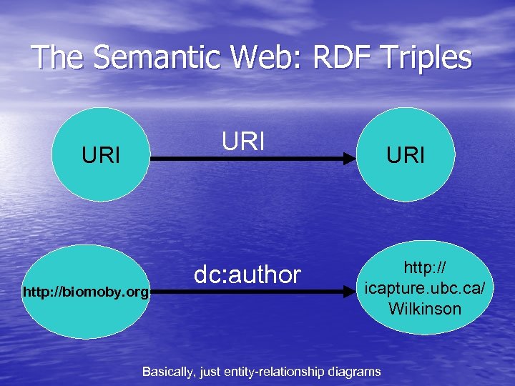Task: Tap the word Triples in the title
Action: pos(421,58)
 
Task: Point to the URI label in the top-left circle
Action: pos(101,155)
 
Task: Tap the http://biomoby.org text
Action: pos(86,292)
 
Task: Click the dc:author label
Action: pos(248,274)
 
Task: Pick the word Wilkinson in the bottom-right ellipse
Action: pos(425,309)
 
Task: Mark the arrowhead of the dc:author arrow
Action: pos(350,291)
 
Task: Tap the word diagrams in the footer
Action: pos(355,372)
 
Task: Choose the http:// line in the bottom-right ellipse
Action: pos(425,268)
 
